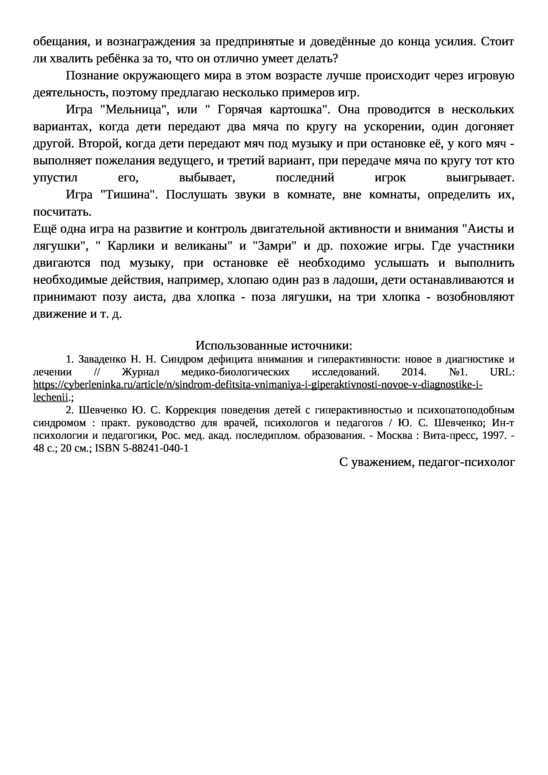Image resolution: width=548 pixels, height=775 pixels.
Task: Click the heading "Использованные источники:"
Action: point(274,346)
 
